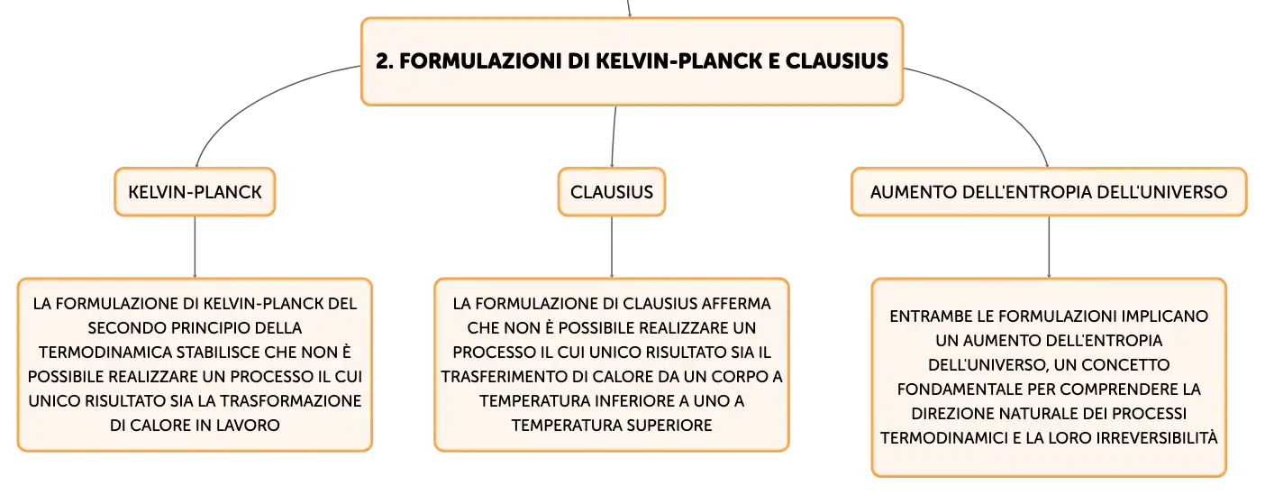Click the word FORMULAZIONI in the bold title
[480, 61]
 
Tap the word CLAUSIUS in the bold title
[837, 61]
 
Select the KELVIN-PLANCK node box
[195, 191]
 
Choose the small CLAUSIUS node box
[612, 191]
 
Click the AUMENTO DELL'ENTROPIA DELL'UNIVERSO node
[1049, 191]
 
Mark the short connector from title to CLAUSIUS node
[614, 136]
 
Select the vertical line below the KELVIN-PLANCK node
[195, 247]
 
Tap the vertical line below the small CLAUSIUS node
[612, 247]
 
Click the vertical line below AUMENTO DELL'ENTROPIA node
[1049, 247]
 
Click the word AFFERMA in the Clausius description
[736, 304]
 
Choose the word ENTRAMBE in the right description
[924, 316]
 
